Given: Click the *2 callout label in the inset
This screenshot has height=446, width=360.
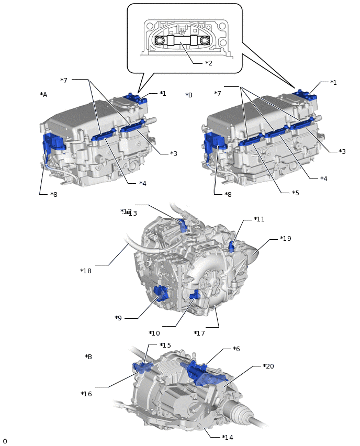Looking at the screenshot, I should (x=208, y=63).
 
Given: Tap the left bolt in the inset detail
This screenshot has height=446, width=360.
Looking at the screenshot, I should (x=162, y=40).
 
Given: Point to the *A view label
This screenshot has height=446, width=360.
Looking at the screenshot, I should (x=43, y=95).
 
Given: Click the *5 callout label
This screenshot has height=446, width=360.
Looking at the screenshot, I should (x=296, y=193).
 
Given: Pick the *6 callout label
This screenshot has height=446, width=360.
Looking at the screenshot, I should (x=237, y=349).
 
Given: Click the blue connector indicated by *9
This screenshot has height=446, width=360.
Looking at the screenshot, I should (x=162, y=294).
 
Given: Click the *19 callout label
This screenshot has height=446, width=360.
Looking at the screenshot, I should (x=286, y=239).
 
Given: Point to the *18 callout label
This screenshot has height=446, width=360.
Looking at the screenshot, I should (x=86, y=271).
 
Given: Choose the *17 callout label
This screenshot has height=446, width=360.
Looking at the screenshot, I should (x=199, y=333).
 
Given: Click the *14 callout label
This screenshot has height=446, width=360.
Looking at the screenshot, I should (x=228, y=437).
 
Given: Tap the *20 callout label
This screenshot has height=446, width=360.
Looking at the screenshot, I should (x=268, y=366).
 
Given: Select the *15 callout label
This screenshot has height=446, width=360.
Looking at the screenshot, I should (x=165, y=345).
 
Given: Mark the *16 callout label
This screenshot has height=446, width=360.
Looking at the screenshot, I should (x=86, y=394).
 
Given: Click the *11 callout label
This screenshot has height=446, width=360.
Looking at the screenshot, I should (x=259, y=219).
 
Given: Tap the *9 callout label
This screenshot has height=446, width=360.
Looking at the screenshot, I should (x=118, y=318).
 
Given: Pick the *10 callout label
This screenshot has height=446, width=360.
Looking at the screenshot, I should (x=154, y=333).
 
